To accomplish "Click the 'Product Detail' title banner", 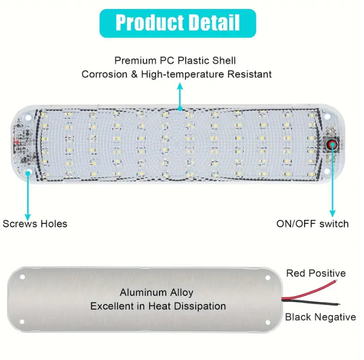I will click(x=178, y=23).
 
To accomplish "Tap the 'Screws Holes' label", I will click(x=35, y=223).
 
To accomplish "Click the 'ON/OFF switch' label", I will click(x=313, y=223).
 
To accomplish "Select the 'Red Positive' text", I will click(x=316, y=273).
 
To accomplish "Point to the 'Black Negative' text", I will click(x=321, y=317).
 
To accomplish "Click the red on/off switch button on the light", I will click(x=333, y=143).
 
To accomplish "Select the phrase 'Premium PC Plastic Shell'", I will click(x=175, y=61).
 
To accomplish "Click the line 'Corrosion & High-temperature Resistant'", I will click(x=176, y=74).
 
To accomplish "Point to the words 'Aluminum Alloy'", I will click(x=156, y=292).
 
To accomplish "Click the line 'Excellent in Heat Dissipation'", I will click(x=158, y=306).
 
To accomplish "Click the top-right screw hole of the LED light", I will click(x=327, y=115).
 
